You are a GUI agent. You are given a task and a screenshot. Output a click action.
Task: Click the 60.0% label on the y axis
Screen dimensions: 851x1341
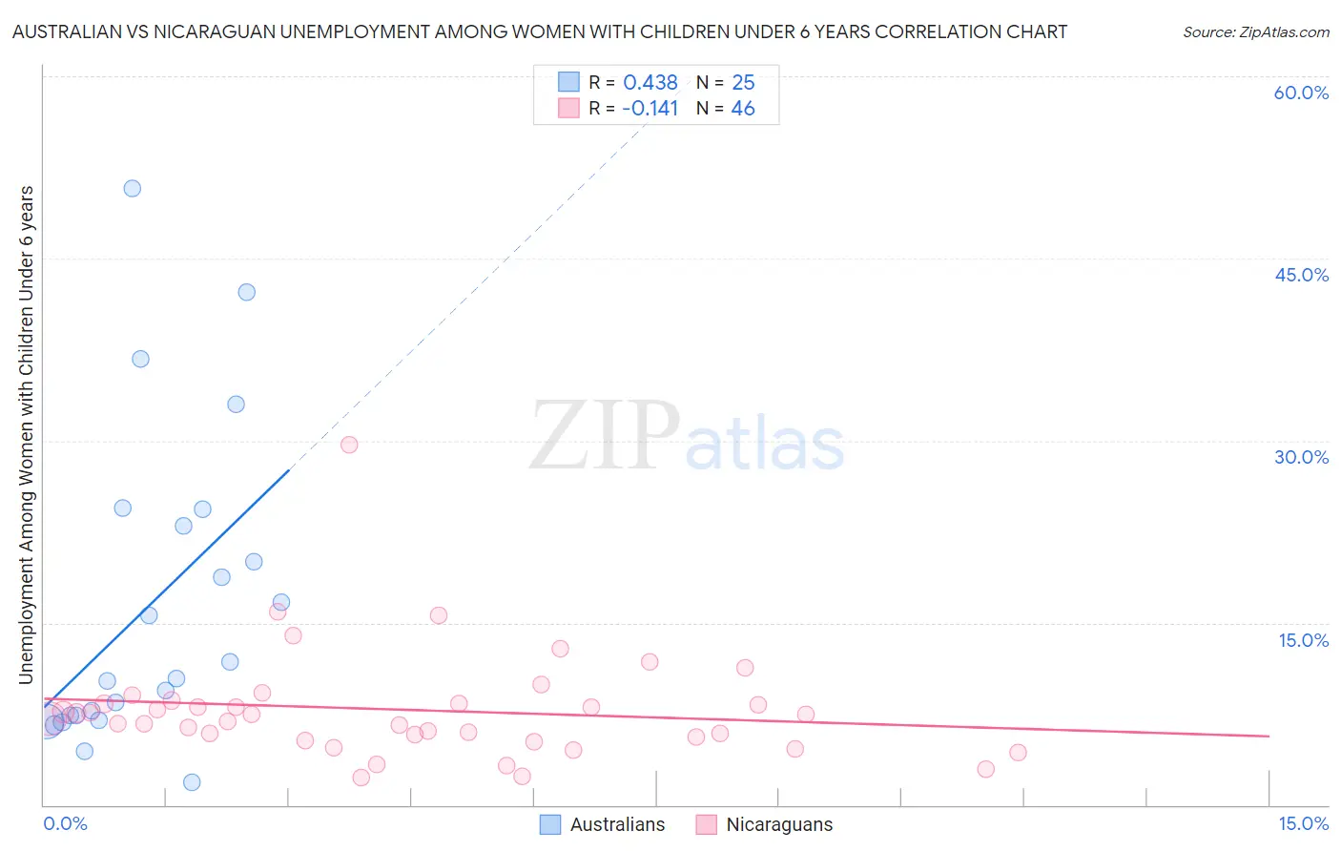click(1301, 93)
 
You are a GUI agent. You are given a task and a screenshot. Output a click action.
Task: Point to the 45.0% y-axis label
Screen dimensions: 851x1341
click(1301, 275)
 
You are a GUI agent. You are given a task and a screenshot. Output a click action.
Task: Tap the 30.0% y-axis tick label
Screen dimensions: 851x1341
click(1301, 457)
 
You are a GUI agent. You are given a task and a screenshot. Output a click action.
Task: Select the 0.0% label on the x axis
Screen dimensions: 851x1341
click(65, 823)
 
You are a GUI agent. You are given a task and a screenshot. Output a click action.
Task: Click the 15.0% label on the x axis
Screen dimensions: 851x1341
click(1303, 823)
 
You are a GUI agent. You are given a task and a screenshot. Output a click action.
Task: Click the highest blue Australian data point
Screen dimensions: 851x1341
click(133, 189)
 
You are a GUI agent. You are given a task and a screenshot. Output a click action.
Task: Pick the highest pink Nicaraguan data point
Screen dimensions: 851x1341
click(349, 445)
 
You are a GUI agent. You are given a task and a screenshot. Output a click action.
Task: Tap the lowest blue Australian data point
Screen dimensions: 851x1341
click(192, 782)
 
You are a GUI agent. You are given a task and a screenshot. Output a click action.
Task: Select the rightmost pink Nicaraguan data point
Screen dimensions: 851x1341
click(1018, 753)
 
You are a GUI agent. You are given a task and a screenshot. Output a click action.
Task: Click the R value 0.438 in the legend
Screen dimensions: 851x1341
click(650, 83)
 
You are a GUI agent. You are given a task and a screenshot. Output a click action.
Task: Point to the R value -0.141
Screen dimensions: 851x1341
click(650, 109)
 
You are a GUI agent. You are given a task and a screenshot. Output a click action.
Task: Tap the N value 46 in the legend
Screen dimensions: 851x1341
click(743, 109)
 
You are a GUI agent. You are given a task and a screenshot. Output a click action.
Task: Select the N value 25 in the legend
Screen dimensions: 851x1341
click(743, 83)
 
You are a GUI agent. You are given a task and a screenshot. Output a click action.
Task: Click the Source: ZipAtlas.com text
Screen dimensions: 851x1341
click(1255, 32)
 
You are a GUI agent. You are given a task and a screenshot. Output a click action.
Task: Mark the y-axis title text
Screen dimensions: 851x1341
click(27, 435)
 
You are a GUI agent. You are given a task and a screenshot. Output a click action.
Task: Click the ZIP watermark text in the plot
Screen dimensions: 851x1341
click(605, 437)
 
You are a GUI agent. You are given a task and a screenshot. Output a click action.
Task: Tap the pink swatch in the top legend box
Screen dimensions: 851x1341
click(569, 108)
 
